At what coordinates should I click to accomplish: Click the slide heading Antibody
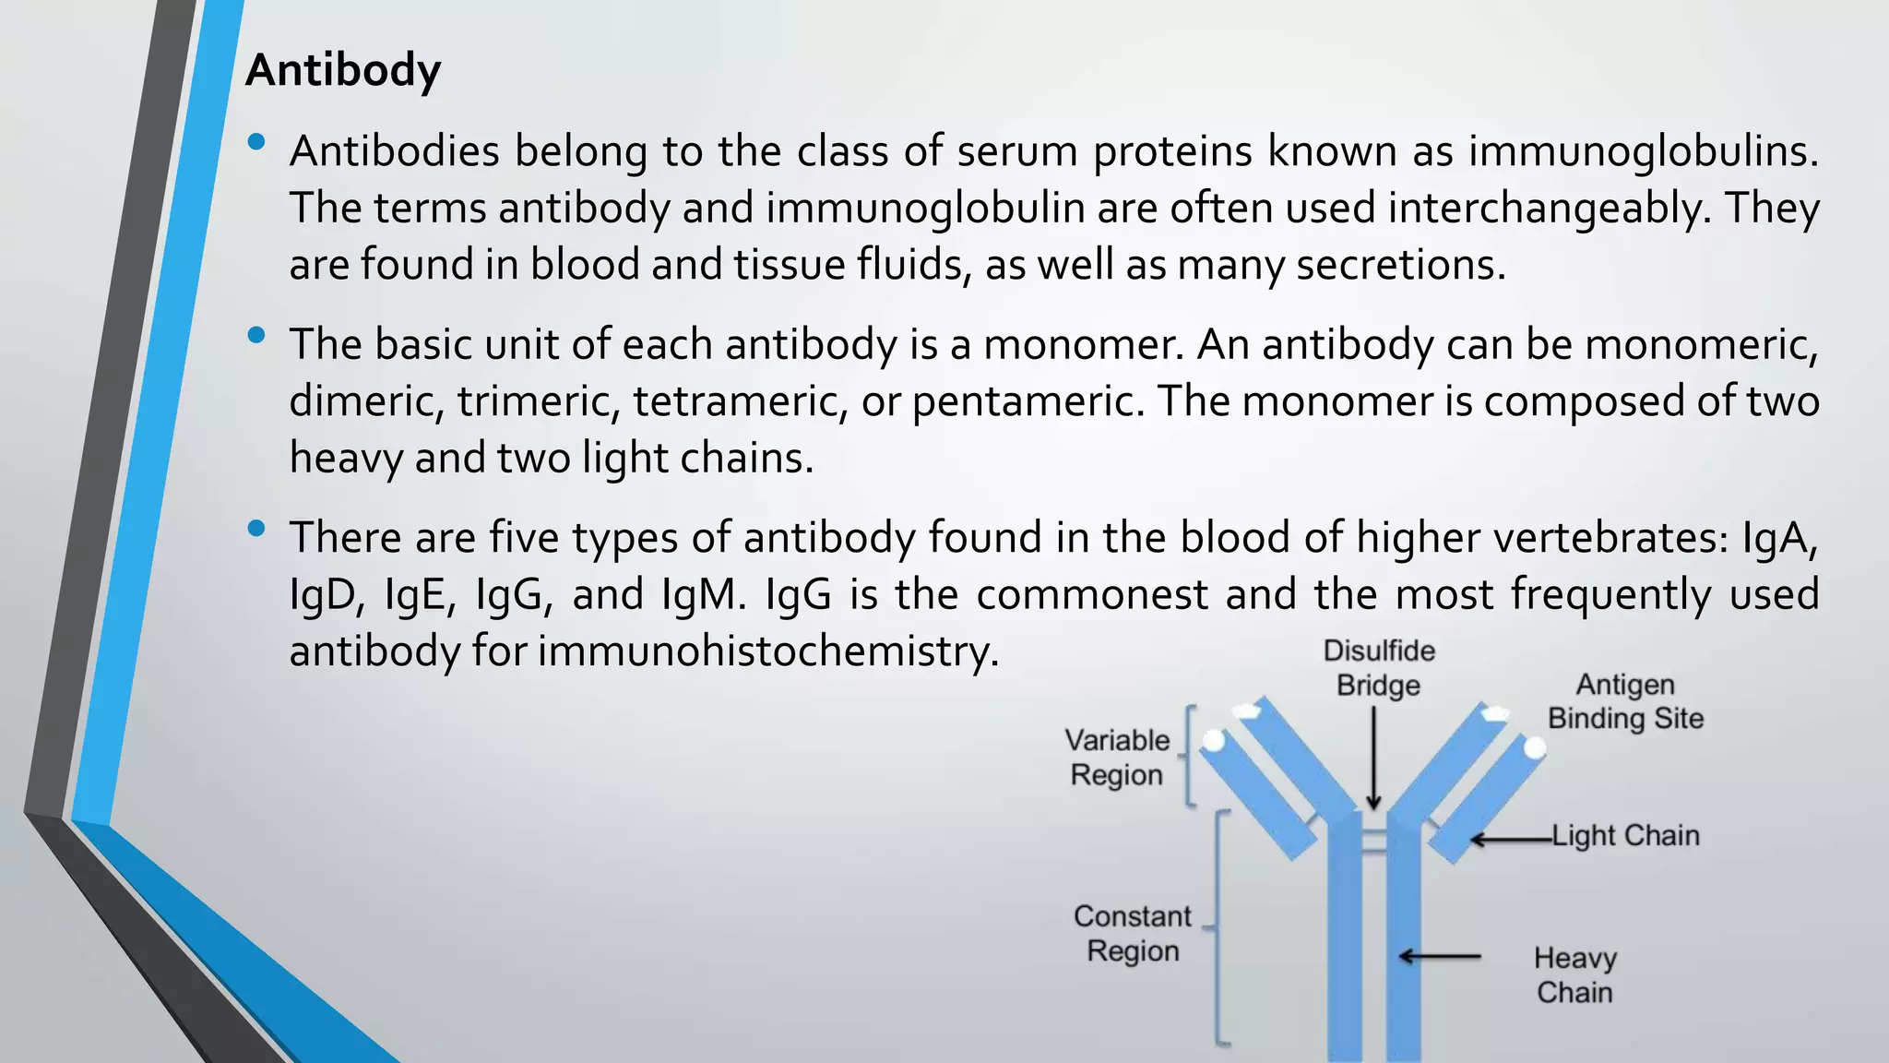pos(343,71)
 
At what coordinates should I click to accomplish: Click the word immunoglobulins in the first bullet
pos(1643,151)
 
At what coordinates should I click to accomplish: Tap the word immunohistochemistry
pos(768,651)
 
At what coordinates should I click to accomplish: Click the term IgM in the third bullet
pos(703,595)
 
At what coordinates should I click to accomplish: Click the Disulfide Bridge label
pos(1379,668)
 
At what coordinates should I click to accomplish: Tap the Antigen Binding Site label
pos(1625,701)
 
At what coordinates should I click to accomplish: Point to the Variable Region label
pos(1117,758)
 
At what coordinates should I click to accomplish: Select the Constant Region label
pos(1133,933)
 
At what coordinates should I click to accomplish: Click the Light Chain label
pos(1625,836)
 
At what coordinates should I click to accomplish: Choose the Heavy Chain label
pos(1574,975)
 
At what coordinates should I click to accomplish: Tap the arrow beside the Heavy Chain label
pos(1439,957)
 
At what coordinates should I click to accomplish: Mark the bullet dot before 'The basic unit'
pos(256,335)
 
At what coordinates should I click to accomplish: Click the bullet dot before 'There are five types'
pos(256,529)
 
